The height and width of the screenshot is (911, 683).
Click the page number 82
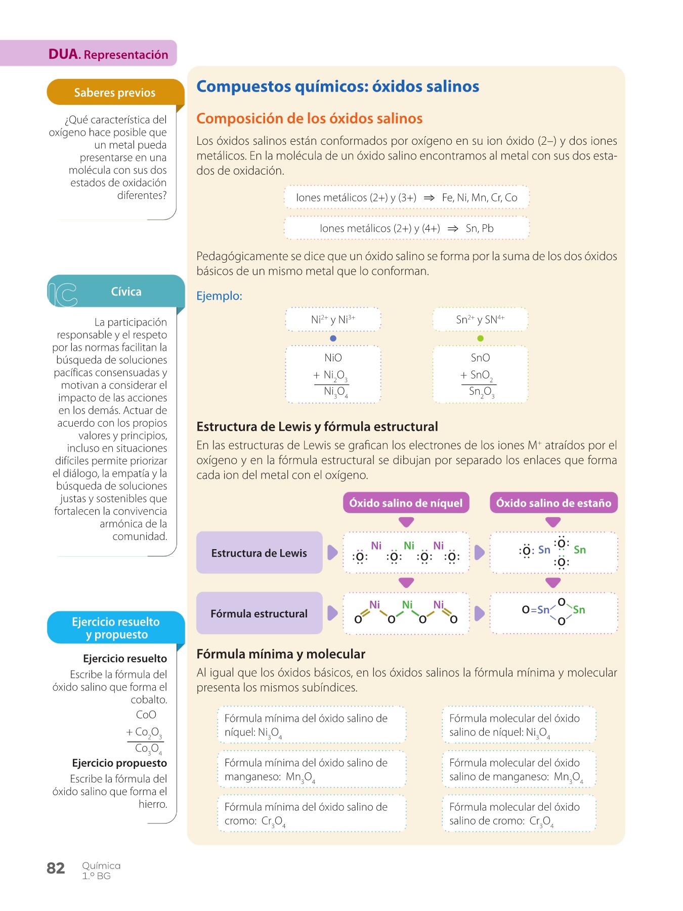[56, 868]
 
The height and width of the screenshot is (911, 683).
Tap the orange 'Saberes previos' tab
[115, 93]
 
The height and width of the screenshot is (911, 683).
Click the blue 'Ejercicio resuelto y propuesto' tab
[116, 628]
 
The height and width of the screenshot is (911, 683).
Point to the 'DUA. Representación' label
[108, 54]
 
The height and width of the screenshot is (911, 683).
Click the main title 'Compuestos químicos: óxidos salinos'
[337, 87]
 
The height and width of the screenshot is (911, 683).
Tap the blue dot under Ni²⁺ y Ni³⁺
[333, 338]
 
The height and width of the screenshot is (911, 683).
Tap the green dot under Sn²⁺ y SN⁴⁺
[480, 338]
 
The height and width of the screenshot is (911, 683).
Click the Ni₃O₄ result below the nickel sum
[335, 392]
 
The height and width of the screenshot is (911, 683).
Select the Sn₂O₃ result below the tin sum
[481, 392]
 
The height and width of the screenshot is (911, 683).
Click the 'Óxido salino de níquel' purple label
[406, 503]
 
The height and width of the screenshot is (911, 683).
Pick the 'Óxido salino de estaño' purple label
[553, 503]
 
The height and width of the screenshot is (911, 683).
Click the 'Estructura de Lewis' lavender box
[259, 553]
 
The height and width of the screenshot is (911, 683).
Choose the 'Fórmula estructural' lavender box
[259, 613]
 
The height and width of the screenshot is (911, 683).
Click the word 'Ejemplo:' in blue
[219, 296]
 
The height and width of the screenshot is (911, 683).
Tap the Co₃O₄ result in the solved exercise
[148, 749]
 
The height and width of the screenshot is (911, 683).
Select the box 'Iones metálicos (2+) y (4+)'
[406, 228]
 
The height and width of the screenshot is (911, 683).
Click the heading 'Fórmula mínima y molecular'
[281, 654]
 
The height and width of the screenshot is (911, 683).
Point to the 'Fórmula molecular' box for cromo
[519, 813]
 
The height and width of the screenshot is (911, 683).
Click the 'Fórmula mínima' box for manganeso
[312, 769]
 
